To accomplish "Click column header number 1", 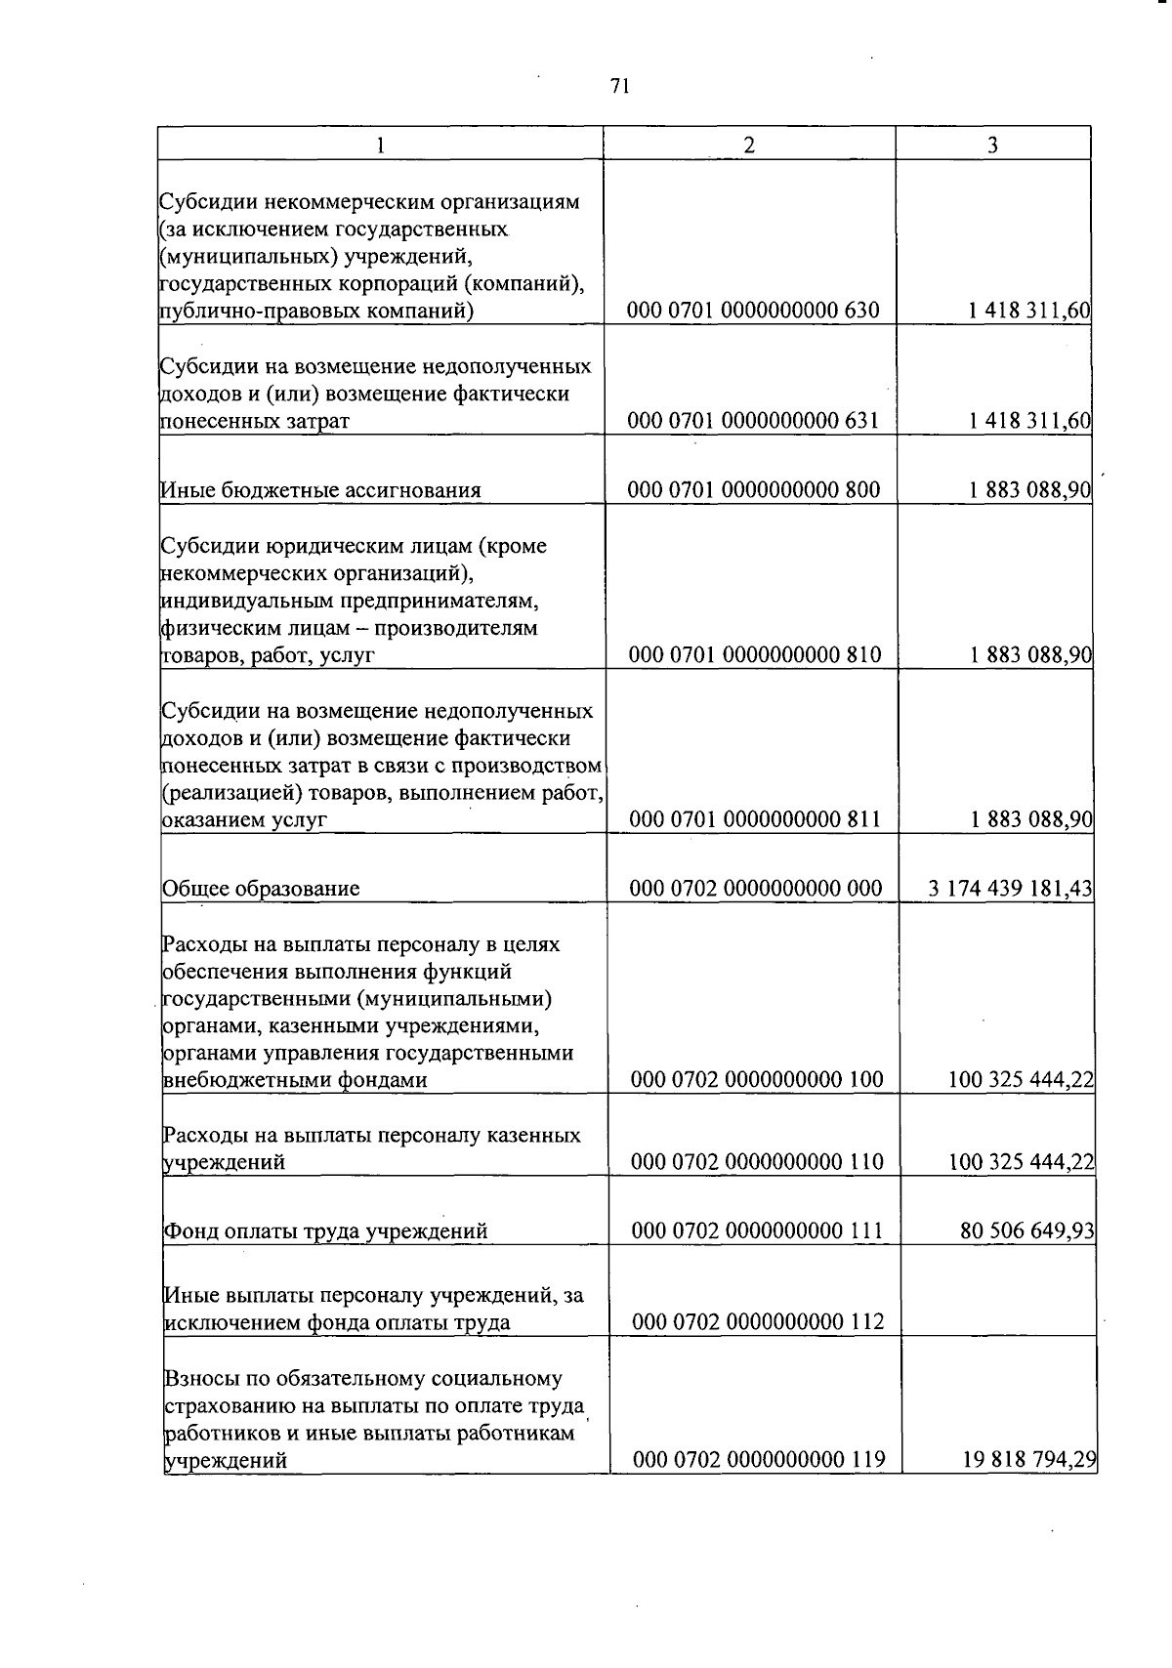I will tap(381, 145).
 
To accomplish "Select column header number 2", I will tap(749, 145).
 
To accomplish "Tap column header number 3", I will tap(992, 145).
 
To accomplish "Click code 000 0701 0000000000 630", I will tap(753, 312).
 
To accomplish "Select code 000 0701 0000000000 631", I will tap(753, 421).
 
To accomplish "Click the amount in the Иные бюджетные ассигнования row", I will tap(1029, 490).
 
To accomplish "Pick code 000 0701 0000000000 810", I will tap(754, 655).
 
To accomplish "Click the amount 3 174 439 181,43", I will tap(1010, 889).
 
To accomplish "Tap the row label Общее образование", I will tap(261, 889).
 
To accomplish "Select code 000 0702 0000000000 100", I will tap(757, 1080).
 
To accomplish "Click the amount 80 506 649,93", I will tap(1027, 1230).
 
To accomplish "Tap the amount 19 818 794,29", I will tap(1029, 1461).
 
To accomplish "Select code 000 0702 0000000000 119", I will tap(759, 1461).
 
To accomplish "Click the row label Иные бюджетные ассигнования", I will tap(320, 490).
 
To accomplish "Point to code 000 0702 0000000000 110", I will tap(757, 1162).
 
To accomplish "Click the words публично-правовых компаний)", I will tap(316, 312).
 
